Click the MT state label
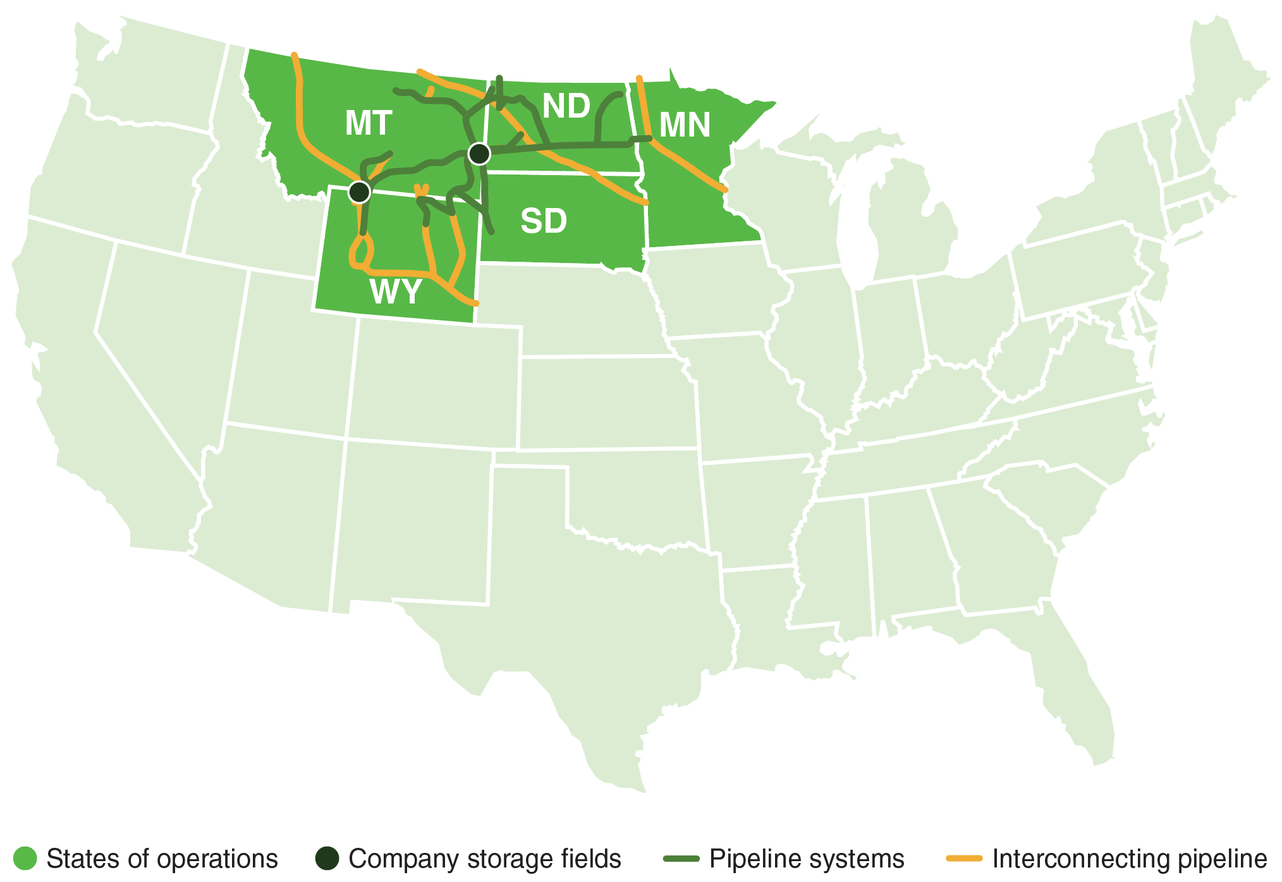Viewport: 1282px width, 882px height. (369, 123)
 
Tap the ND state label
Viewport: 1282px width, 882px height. (566, 106)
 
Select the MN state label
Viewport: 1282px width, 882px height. (685, 125)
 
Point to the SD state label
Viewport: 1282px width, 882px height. (544, 221)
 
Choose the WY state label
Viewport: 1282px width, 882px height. (396, 292)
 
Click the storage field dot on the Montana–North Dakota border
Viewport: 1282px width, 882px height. (479, 153)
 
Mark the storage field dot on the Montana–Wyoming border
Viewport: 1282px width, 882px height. (359, 191)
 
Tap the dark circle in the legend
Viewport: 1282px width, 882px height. (327, 858)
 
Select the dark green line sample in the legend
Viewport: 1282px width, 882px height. (681, 859)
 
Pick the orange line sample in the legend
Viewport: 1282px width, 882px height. (964, 859)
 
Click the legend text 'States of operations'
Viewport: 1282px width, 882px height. (162, 859)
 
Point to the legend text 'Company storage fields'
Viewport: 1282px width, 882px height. (485, 859)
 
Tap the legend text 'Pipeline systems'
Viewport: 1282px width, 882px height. (807, 859)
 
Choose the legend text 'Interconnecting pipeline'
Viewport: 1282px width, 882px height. (1130, 859)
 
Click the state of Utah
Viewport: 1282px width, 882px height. (284, 354)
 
